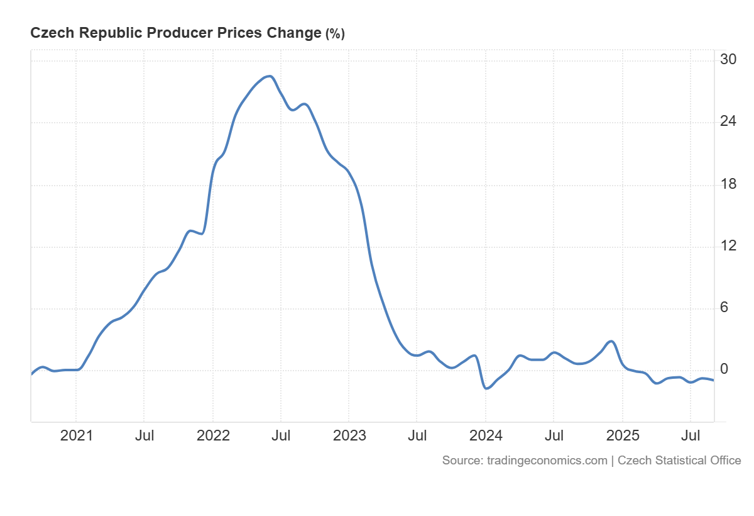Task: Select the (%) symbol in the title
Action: point(335,34)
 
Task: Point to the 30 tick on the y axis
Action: point(728,60)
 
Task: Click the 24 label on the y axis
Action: point(728,121)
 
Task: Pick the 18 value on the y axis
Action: point(728,184)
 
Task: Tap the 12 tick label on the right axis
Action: point(728,245)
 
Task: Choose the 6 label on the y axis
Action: point(724,307)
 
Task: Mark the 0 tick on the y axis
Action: point(724,369)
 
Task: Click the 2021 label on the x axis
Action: point(76,435)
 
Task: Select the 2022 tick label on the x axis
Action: point(212,435)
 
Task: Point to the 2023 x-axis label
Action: point(349,435)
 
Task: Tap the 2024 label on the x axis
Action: point(486,435)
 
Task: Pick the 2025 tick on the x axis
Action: point(622,435)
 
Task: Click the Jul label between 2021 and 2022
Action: point(145,435)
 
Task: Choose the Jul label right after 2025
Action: point(691,435)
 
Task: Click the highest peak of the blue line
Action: point(270,76)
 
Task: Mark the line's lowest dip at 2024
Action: point(486,388)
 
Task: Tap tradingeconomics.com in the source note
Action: point(547,461)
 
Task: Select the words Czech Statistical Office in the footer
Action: point(679,461)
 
